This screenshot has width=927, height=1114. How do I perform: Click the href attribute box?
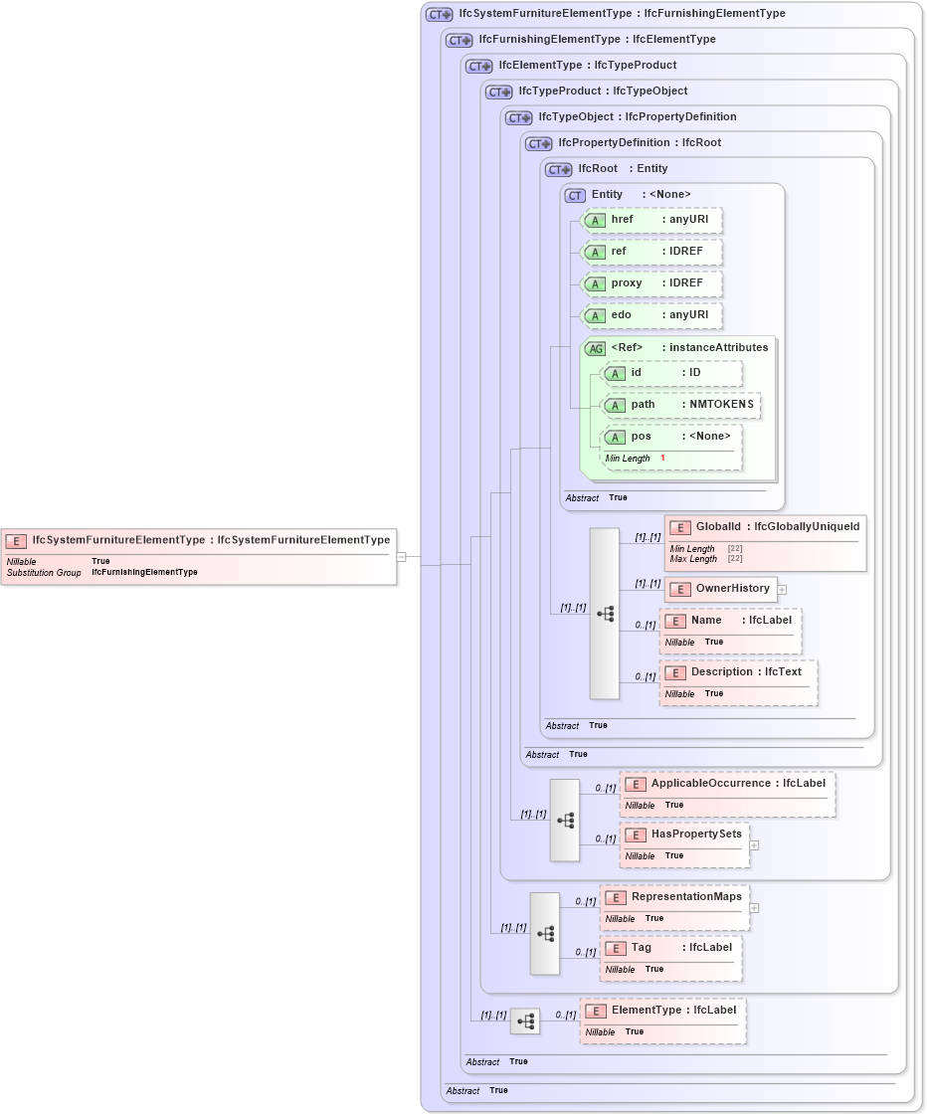point(650,220)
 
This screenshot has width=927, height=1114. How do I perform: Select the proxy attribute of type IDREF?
point(650,283)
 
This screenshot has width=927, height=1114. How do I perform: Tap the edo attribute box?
point(650,315)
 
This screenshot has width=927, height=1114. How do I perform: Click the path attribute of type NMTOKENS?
point(680,405)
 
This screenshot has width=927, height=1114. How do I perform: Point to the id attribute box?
point(671,373)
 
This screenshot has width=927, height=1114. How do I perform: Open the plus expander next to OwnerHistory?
point(782,589)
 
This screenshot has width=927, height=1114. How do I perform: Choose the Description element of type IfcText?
point(738,681)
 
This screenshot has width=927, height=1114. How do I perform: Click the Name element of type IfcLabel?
point(730,630)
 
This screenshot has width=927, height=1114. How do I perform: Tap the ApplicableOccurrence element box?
point(727,793)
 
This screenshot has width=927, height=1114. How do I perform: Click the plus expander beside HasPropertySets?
point(754,845)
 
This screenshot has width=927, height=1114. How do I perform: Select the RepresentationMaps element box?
point(674,906)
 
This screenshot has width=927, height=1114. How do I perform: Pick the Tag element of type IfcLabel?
point(670,957)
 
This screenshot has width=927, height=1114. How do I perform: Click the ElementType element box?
point(662,1020)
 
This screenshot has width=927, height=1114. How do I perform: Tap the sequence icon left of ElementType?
point(525,1021)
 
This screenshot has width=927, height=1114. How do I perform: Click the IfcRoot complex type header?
point(609,169)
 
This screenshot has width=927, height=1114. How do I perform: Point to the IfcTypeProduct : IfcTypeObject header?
point(588,92)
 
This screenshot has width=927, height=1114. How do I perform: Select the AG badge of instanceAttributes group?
point(596,349)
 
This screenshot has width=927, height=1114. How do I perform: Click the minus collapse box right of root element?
point(401,557)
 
